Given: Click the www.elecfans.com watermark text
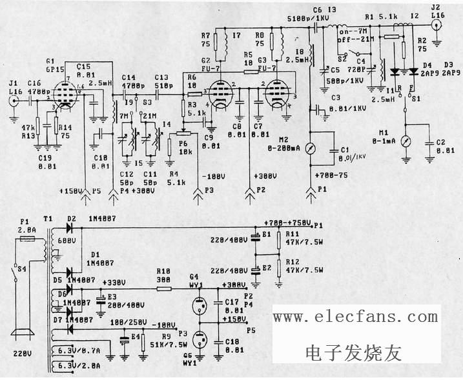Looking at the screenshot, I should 355,317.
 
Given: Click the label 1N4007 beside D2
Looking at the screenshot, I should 99,219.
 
